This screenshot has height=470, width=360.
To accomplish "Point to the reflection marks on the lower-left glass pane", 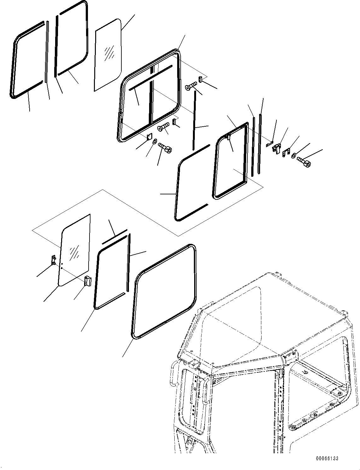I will tap(74, 252).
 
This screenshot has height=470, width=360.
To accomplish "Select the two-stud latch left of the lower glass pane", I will tap(53, 260).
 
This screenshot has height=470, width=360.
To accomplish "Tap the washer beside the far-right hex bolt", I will tap(294, 155).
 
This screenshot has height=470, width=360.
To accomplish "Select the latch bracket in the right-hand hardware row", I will tap(277, 148).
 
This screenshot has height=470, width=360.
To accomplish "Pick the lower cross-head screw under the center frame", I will tap(163, 127).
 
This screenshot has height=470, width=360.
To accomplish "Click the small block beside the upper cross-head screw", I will tap(200, 79).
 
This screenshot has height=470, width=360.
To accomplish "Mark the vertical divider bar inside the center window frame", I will tap(152, 95).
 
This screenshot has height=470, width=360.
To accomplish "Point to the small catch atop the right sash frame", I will tap(228, 136).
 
